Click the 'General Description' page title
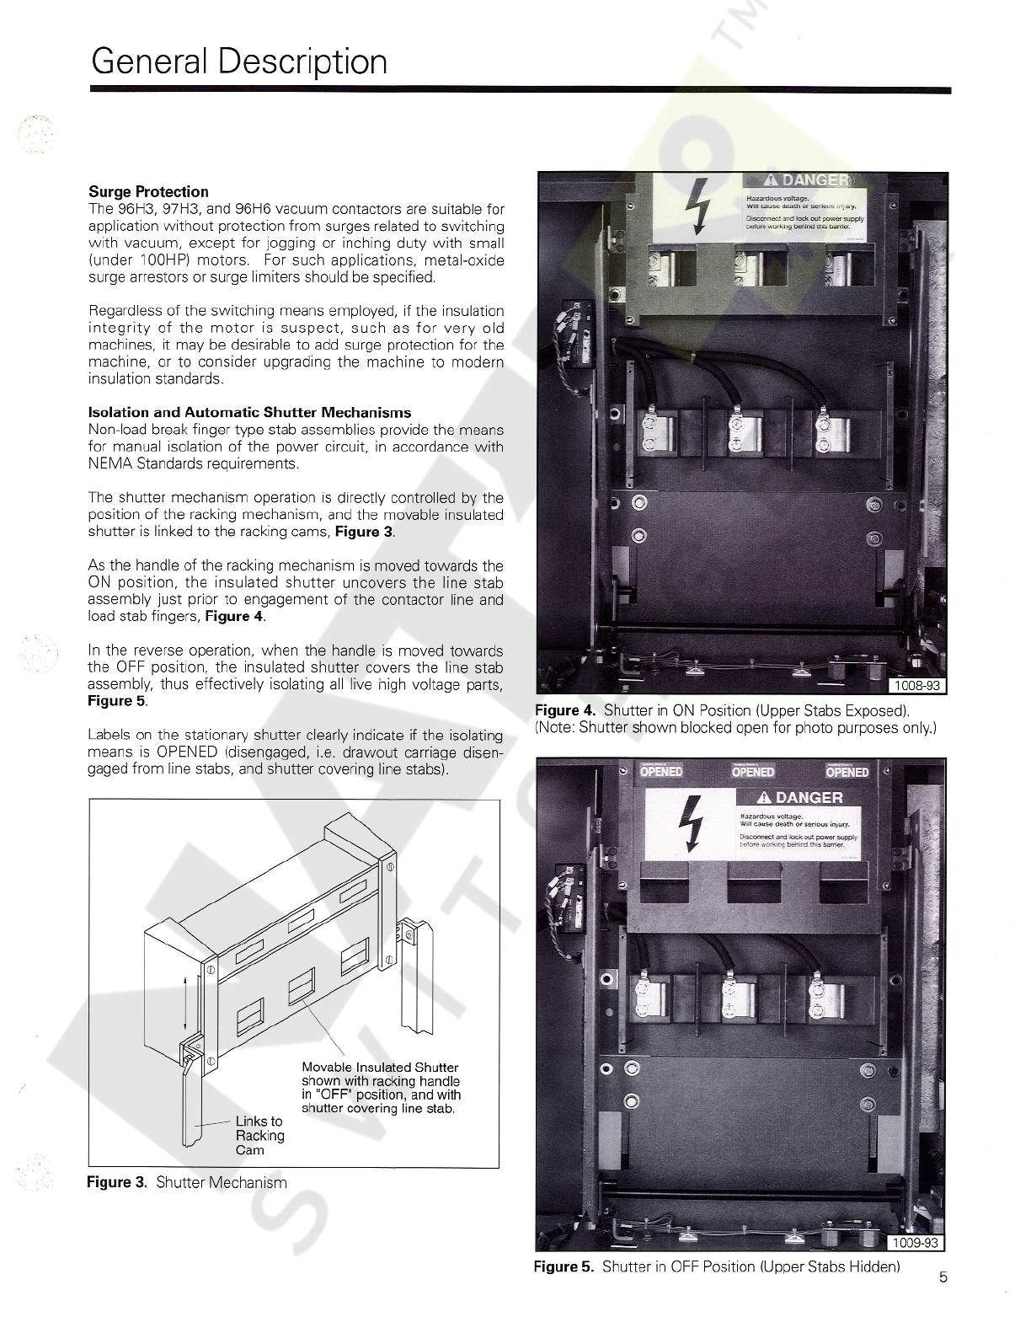[x=239, y=62]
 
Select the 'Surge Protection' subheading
[x=148, y=191]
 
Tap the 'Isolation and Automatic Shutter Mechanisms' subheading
[x=249, y=412]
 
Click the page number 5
[x=943, y=1277]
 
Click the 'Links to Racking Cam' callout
[x=259, y=1135]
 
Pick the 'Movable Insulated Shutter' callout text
[x=380, y=1068]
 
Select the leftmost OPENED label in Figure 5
[x=661, y=771]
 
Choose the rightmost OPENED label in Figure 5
[x=847, y=771]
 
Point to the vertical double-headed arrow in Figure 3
[x=185, y=1002]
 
